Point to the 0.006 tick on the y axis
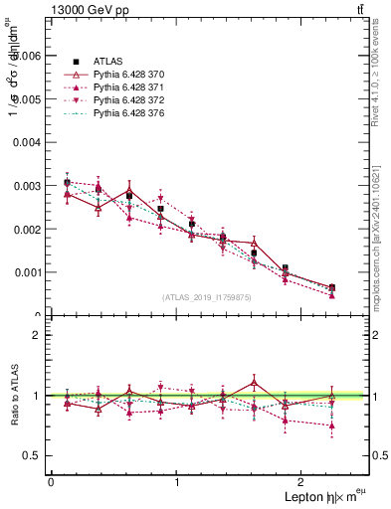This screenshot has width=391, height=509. tap(27, 57)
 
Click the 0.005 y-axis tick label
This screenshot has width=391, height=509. tap(27, 99)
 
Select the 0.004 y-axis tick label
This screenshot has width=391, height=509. tap(27, 143)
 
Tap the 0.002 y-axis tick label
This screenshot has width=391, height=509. tap(27, 230)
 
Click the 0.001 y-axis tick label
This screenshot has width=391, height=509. tap(27, 272)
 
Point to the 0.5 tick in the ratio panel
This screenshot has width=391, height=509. tap(34, 455)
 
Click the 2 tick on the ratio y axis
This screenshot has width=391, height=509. tap(39, 335)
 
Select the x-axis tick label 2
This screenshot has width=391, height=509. tap(304, 482)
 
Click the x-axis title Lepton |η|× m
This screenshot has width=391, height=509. tap(317, 496)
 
